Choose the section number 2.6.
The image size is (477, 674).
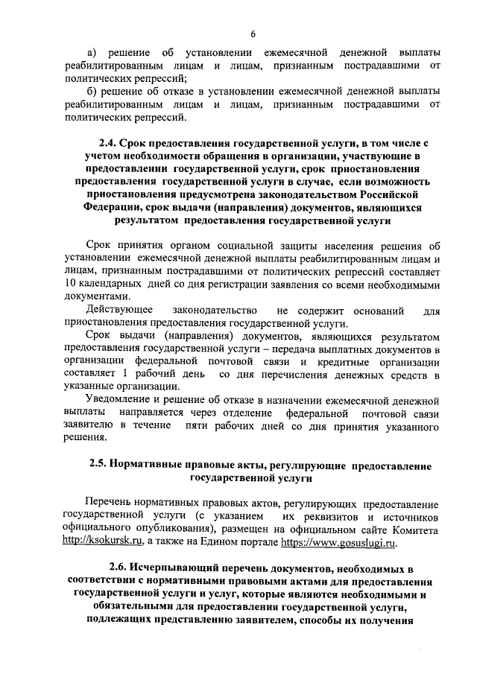pos(120,569)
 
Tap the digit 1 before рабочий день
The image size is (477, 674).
pos(127,374)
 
